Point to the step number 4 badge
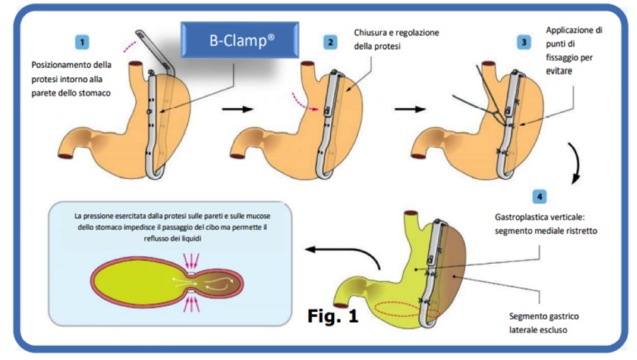540,197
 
